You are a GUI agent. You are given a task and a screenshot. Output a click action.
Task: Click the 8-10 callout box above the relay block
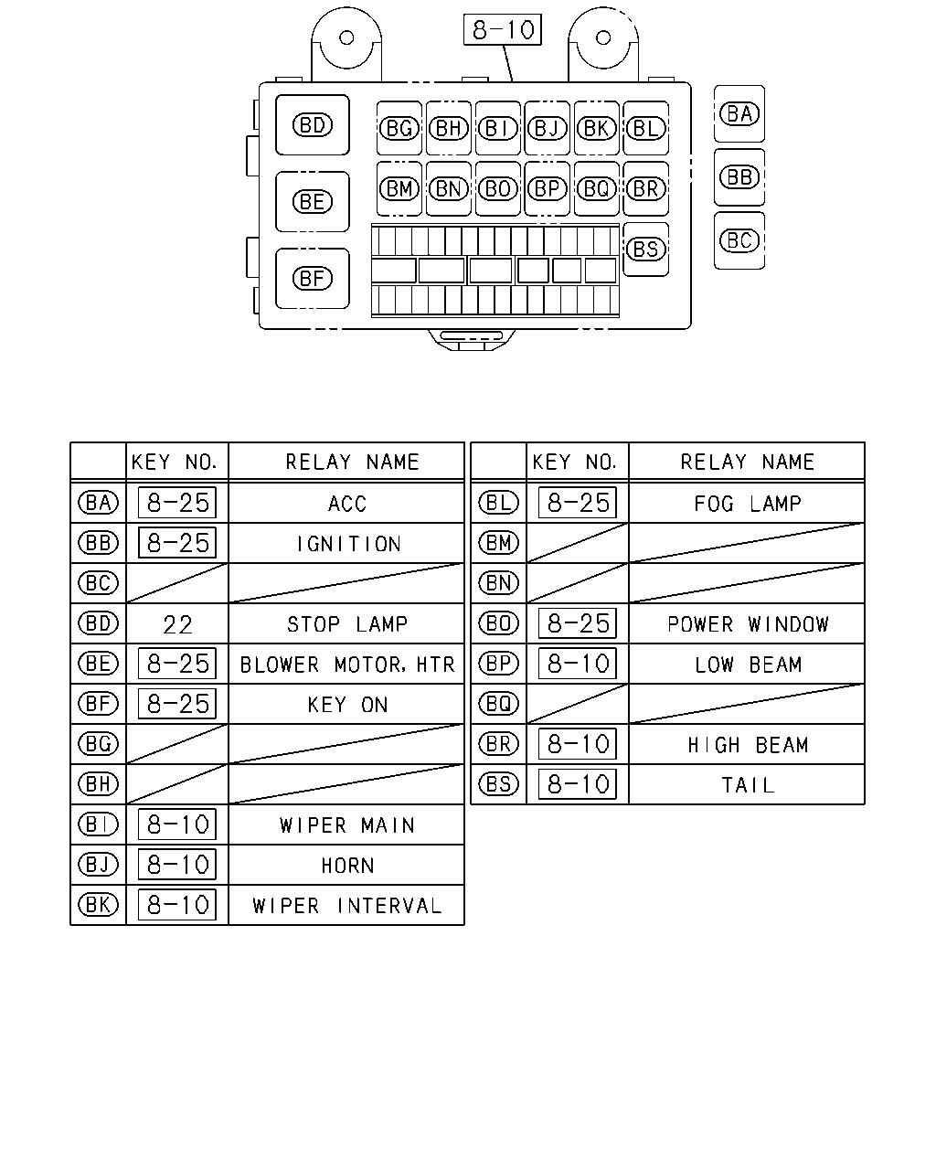[x=502, y=29]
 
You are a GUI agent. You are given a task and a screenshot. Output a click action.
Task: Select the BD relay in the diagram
[x=313, y=125]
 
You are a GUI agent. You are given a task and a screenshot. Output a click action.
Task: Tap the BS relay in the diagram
[x=645, y=249]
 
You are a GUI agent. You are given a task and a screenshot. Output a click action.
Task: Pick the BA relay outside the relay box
[x=739, y=113]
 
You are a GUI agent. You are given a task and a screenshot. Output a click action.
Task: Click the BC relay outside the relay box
[x=739, y=240]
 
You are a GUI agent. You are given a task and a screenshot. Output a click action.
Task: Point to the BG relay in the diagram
[x=399, y=128]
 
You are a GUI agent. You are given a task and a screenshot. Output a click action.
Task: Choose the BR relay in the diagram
[x=645, y=188]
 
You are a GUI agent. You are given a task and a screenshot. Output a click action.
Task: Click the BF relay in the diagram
[x=313, y=279]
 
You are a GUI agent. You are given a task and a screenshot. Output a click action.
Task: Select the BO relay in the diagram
[x=497, y=188]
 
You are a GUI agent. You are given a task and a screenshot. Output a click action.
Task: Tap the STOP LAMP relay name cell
[x=347, y=623]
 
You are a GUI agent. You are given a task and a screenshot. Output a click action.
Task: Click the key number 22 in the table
[x=178, y=624]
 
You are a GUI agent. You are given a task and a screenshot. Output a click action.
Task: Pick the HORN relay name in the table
[x=347, y=865]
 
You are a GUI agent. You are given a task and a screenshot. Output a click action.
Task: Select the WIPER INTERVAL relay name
[x=347, y=905]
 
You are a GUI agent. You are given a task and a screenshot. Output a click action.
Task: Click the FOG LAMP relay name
[x=748, y=504]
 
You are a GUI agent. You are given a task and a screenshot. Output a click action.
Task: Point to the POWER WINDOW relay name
[x=748, y=624]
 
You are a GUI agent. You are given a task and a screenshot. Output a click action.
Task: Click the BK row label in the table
[x=98, y=905]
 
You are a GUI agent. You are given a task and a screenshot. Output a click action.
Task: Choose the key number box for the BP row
[x=578, y=664]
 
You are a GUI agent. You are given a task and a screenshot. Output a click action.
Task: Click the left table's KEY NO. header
[x=174, y=463]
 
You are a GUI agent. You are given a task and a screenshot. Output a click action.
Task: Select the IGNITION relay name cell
[x=347, y=543]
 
